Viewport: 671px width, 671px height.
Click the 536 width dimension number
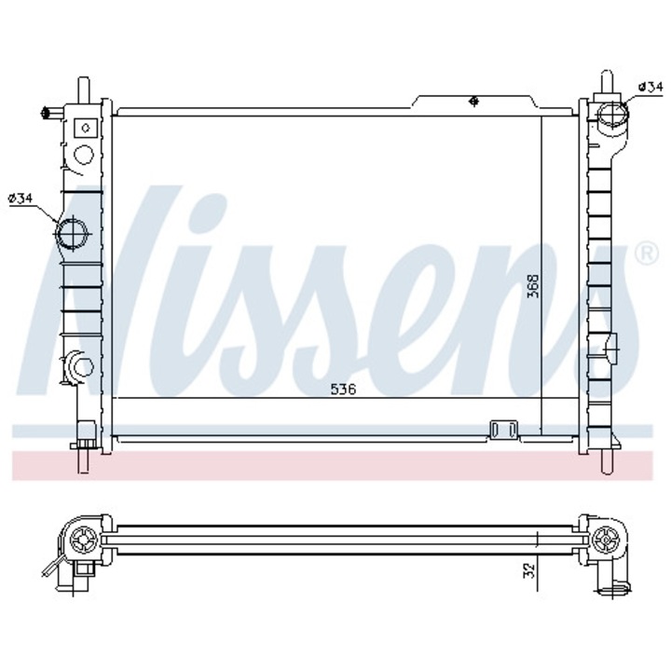(343, 389)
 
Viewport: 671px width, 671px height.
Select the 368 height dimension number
(534, 286)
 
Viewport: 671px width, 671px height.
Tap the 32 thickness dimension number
(529, 571)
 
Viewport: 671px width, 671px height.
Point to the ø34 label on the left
(21, 199)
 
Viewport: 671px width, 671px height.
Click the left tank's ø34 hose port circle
(72, 234)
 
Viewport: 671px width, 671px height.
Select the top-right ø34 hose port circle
(612, 115)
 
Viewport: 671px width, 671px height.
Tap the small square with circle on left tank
(86, 128)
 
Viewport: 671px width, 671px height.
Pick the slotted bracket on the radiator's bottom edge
(503, 430)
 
